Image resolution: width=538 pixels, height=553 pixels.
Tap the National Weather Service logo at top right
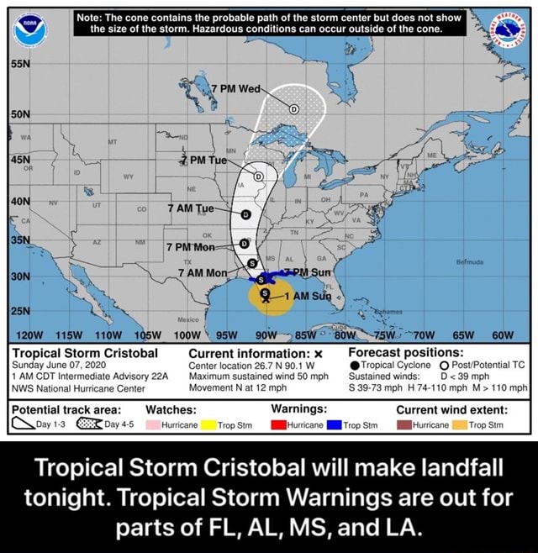coord(506,29)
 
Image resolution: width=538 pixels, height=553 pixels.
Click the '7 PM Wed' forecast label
coord(240,88)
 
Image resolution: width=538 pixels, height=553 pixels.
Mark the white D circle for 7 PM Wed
coord(293,108)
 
